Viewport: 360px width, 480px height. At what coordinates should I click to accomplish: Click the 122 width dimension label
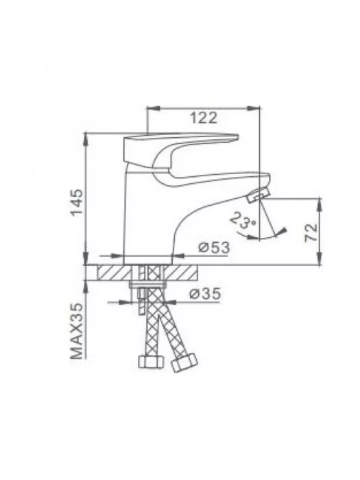(x=204, y=118)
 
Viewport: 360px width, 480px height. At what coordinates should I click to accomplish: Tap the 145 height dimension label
(x=77, y=202)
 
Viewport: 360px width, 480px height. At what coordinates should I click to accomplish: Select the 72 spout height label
(x=311, y=232)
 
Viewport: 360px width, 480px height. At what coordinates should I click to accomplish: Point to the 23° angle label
(x=243, y=220)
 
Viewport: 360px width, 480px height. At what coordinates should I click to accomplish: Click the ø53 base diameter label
(x=214, y=248)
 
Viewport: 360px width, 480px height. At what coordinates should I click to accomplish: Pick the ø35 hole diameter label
(x=205, y=294)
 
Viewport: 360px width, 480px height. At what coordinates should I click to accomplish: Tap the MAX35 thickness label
(x=77, y=331)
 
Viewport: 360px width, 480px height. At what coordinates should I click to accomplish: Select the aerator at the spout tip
(x=259, y=195)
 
